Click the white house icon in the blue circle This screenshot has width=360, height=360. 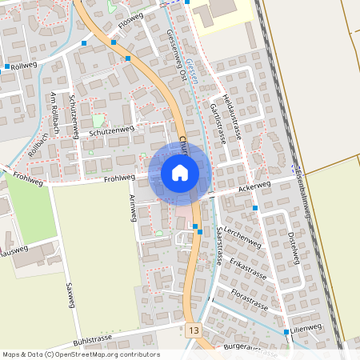179,173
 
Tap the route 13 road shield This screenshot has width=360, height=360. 193,330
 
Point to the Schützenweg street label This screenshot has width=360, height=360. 112,130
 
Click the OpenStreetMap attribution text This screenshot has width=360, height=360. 81,354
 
